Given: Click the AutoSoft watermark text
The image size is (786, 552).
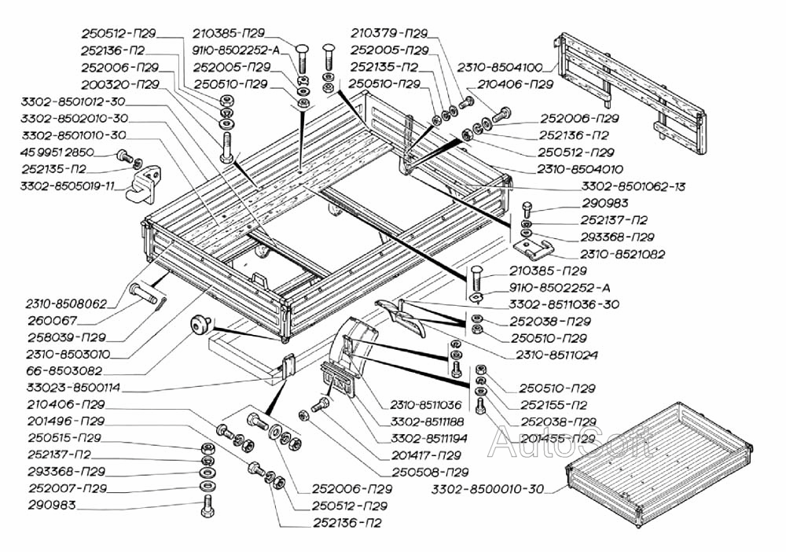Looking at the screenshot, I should [569, 446].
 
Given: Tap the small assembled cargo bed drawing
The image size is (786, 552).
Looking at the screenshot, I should [660, 464].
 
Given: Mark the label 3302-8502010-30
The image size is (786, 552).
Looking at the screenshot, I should [75, 118].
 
